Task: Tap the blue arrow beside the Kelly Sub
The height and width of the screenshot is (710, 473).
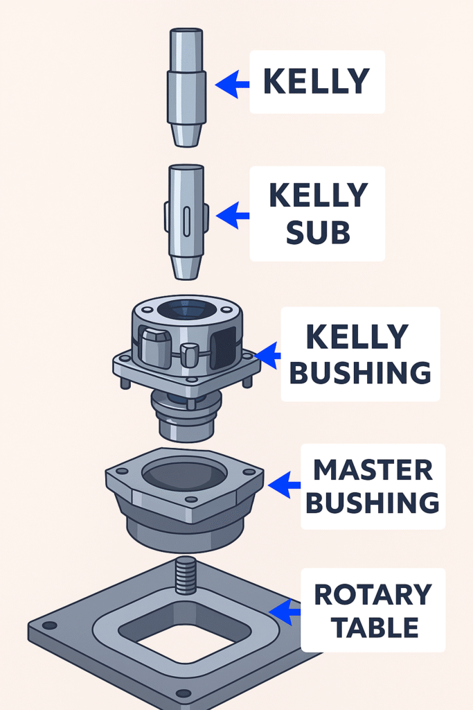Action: (x=233, y=216)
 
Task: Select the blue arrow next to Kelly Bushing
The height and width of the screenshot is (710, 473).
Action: (x=267, y=355)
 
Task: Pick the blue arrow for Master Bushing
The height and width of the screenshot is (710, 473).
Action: (x=284, y=486)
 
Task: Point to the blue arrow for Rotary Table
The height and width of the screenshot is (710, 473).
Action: (x=285, y=611)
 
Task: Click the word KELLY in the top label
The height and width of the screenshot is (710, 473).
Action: (x=316, y=82)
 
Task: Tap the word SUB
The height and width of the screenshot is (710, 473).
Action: (x=317, y=234)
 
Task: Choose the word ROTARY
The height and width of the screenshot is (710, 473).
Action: (x=373, y=595)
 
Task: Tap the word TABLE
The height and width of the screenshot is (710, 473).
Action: (x=375, y=627)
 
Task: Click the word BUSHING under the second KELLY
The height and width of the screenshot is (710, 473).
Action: (x=360, y=372)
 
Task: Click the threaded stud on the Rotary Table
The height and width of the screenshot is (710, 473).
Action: (x=185, y=575)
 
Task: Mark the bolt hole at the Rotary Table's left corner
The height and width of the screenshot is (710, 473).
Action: (x=49, y=625)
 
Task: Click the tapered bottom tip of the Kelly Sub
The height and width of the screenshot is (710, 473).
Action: (x=186, y=266)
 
